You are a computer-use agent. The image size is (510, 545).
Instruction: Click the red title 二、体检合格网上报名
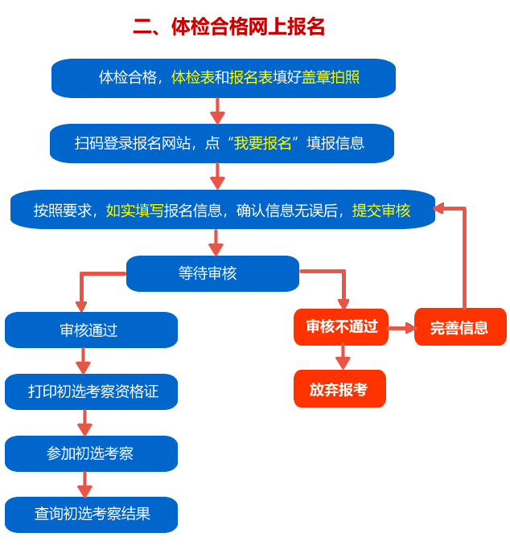point(228,27)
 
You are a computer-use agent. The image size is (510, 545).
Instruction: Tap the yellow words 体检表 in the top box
point(192,77)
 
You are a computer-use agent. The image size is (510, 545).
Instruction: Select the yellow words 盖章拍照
point(330,77)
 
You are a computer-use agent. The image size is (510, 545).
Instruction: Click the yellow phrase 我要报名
point(262,143)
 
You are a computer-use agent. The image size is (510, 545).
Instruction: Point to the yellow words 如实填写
point(134,210)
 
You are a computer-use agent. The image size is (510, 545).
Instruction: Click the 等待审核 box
point(212,273)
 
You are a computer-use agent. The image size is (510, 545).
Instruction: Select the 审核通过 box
point(91,330)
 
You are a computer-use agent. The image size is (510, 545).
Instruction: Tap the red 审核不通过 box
point(341,326)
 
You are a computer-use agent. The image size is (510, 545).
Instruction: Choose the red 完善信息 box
point(460,327)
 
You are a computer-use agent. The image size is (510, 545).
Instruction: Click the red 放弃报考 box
point(339,389)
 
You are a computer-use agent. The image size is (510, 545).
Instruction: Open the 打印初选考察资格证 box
point(91,391)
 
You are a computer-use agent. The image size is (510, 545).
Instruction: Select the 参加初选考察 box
point(91,453)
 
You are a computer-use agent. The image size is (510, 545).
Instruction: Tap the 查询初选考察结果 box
point(91,514)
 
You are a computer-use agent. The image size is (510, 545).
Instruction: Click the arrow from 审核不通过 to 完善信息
point(401,328)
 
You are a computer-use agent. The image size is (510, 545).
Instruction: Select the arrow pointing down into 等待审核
point(216,242)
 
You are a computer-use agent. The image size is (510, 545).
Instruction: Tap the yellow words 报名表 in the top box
point(251,77)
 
